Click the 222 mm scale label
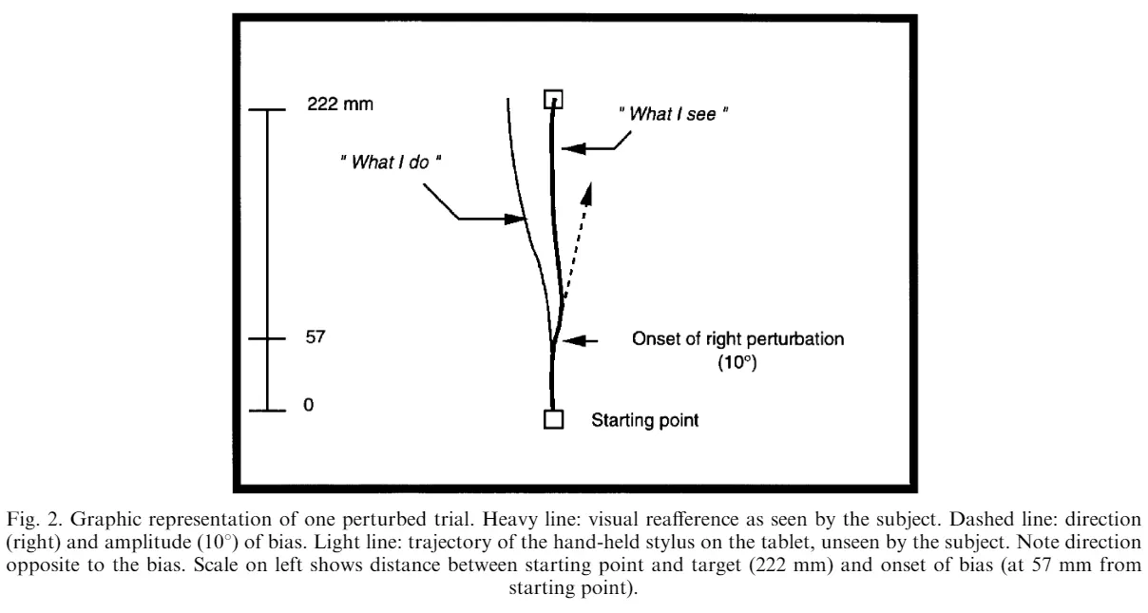[337, 105]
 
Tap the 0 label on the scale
[308, 405]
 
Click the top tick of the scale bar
[268, 110]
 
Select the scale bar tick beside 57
[268, 338]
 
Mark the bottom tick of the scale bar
[268, 411]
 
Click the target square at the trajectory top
[553, 99]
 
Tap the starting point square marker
[553, 419]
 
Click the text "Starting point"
[645, 420]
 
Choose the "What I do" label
[392, 163]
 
